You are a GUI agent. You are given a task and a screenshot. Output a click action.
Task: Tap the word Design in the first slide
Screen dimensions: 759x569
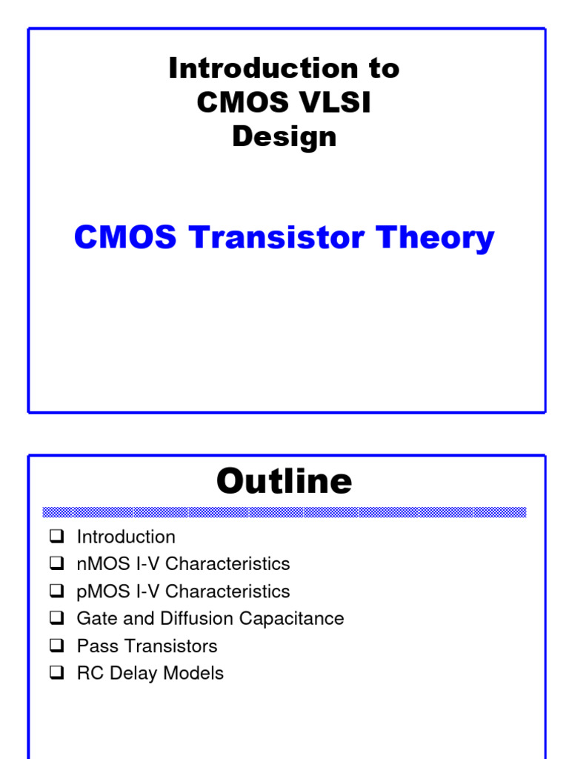coord(284,136)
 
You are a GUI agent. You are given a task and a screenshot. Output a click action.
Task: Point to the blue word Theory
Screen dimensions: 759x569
coord(436,239)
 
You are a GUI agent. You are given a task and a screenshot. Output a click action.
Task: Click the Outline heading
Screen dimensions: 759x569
coord(284,482)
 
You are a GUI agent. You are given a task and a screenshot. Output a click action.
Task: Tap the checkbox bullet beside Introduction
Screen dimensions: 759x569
coord(57,536)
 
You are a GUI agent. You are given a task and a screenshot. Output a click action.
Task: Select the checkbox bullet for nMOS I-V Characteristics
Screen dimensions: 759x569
coord(57,563)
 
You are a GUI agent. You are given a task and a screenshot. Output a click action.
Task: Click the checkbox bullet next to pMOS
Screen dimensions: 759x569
coord(57,591)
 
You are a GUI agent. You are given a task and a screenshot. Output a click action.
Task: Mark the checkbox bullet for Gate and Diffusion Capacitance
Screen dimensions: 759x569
coord(57,618)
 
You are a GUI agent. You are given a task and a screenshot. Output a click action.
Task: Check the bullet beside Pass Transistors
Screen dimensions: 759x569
coord(57,646)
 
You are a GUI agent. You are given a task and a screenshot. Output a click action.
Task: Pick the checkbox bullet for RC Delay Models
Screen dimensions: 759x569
coord(57,673)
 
